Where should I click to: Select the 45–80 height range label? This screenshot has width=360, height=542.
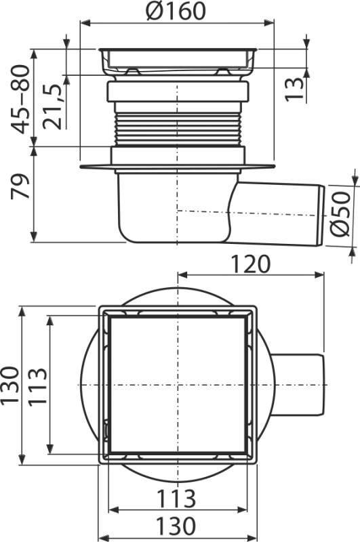(19, 98)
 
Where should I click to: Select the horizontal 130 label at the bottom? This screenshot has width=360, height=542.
(178, 525)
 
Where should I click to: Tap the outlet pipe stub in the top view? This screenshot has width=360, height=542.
(298, 385)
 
